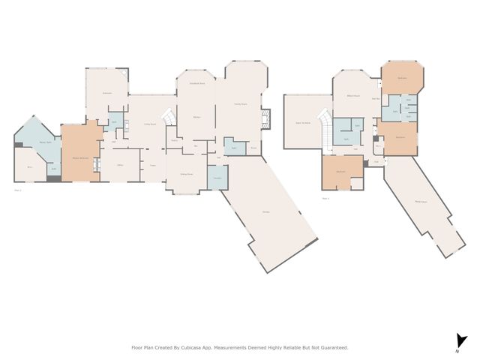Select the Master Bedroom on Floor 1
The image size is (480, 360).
pos(80,158)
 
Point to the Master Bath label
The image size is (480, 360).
pos(45,142)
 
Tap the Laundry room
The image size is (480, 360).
pos(217,177)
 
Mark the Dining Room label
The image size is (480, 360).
pos(186,173)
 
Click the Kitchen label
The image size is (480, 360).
pos(196,118)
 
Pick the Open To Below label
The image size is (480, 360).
pos(304,122)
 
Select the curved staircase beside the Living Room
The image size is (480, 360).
pos(170,118)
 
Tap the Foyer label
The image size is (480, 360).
pos(152,166)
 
